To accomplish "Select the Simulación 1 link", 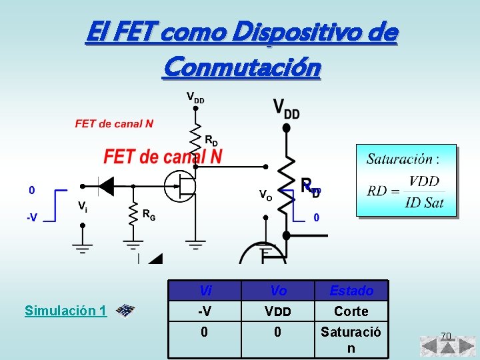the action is click(65, 311).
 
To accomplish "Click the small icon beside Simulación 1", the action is click(125, 311).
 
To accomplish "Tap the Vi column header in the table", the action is click(205, 291).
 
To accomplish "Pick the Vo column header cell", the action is click(278, 291).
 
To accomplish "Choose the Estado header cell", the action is click(351, 291).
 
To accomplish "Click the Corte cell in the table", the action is click(351, 311).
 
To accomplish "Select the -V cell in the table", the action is click(205, 311).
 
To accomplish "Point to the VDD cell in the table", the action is click(278, 311).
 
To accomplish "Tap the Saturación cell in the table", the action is click(351, 340).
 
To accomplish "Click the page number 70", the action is click(446, 335).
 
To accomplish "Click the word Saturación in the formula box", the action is click(399, 159).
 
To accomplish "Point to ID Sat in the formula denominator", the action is click(424, 202).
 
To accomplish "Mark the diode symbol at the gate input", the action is click(105, 186).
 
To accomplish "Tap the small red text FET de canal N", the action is click(114, 123).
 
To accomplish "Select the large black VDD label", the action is click(286, 109).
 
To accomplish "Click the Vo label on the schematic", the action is click(265, 195).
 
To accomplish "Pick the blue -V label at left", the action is click(31, 217).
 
